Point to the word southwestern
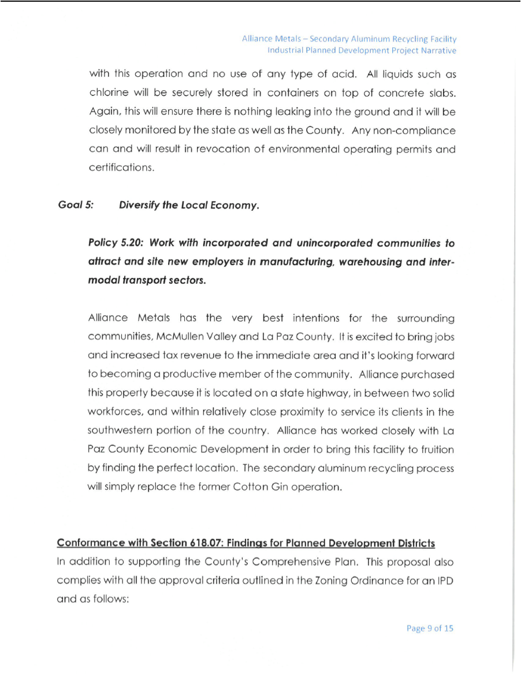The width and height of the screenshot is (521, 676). [x=121, y=431]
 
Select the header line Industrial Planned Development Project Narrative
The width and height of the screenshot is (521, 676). [x=362, y=50]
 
